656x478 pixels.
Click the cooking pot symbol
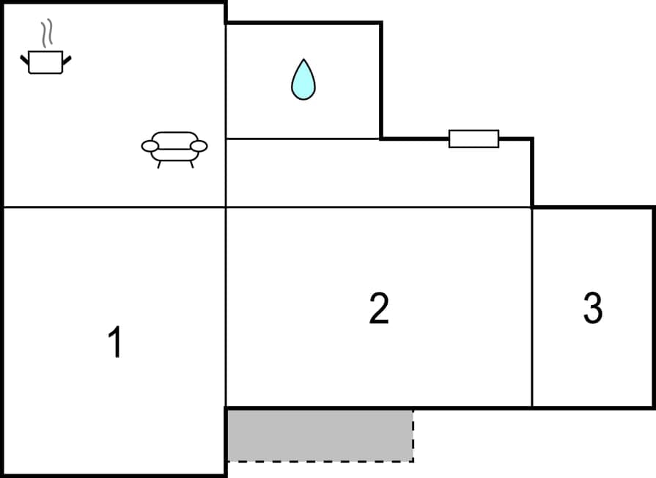pos(45,62)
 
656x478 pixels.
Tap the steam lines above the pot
pos(47,34)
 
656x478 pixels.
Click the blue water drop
pos(303,81)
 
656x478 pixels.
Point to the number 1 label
pos(115,342)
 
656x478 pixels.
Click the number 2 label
pos(379,309)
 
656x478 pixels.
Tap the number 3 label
pos(592,309)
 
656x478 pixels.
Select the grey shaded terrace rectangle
pos(319,435)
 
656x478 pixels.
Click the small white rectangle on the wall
pos(473,139)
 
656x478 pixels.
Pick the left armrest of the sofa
pos(150,146)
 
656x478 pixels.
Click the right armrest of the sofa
pos(199,146)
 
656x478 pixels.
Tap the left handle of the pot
pos(24,59)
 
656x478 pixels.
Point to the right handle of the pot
pos(67,59)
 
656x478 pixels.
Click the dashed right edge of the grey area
pos(413,435)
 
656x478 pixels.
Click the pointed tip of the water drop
pos(303,61)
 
